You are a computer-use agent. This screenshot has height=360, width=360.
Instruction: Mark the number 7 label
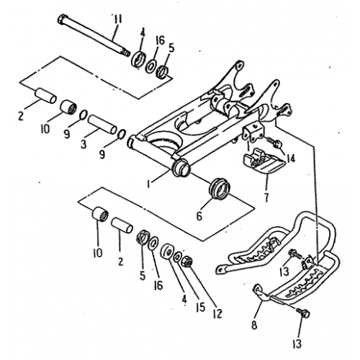267,197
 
